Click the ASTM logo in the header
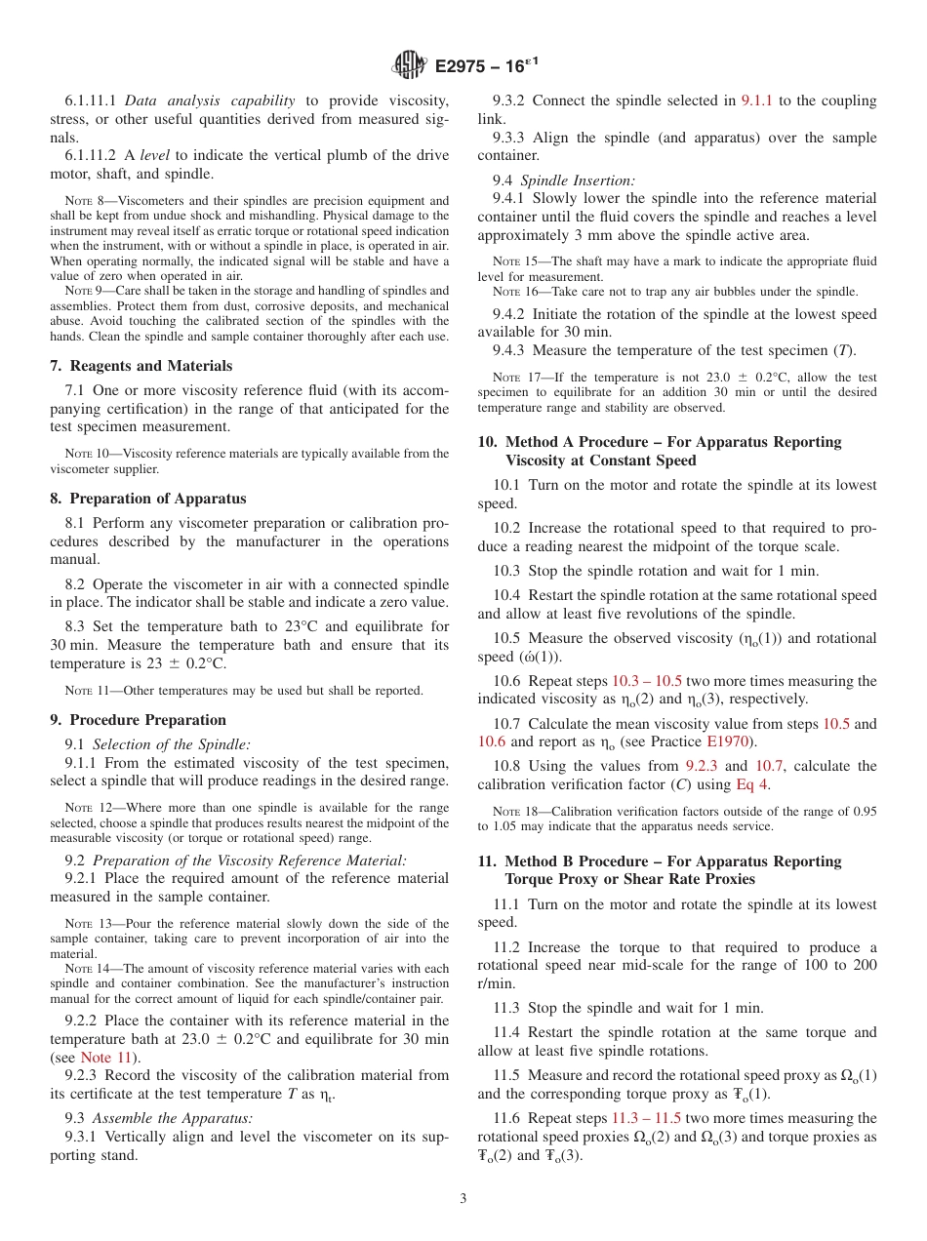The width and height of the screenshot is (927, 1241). [x=410, y=65]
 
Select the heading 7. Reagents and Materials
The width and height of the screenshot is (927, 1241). [x=141, y=366]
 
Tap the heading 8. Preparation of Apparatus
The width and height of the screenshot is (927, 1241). [x=147, y=499]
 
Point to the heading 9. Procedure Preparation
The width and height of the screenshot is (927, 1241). [x=138, y=720]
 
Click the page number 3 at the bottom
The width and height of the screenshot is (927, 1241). [x=463, y=1199]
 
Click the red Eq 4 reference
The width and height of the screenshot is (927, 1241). [x=751, y=784]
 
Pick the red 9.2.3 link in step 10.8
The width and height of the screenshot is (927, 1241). [x=703, y=767]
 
